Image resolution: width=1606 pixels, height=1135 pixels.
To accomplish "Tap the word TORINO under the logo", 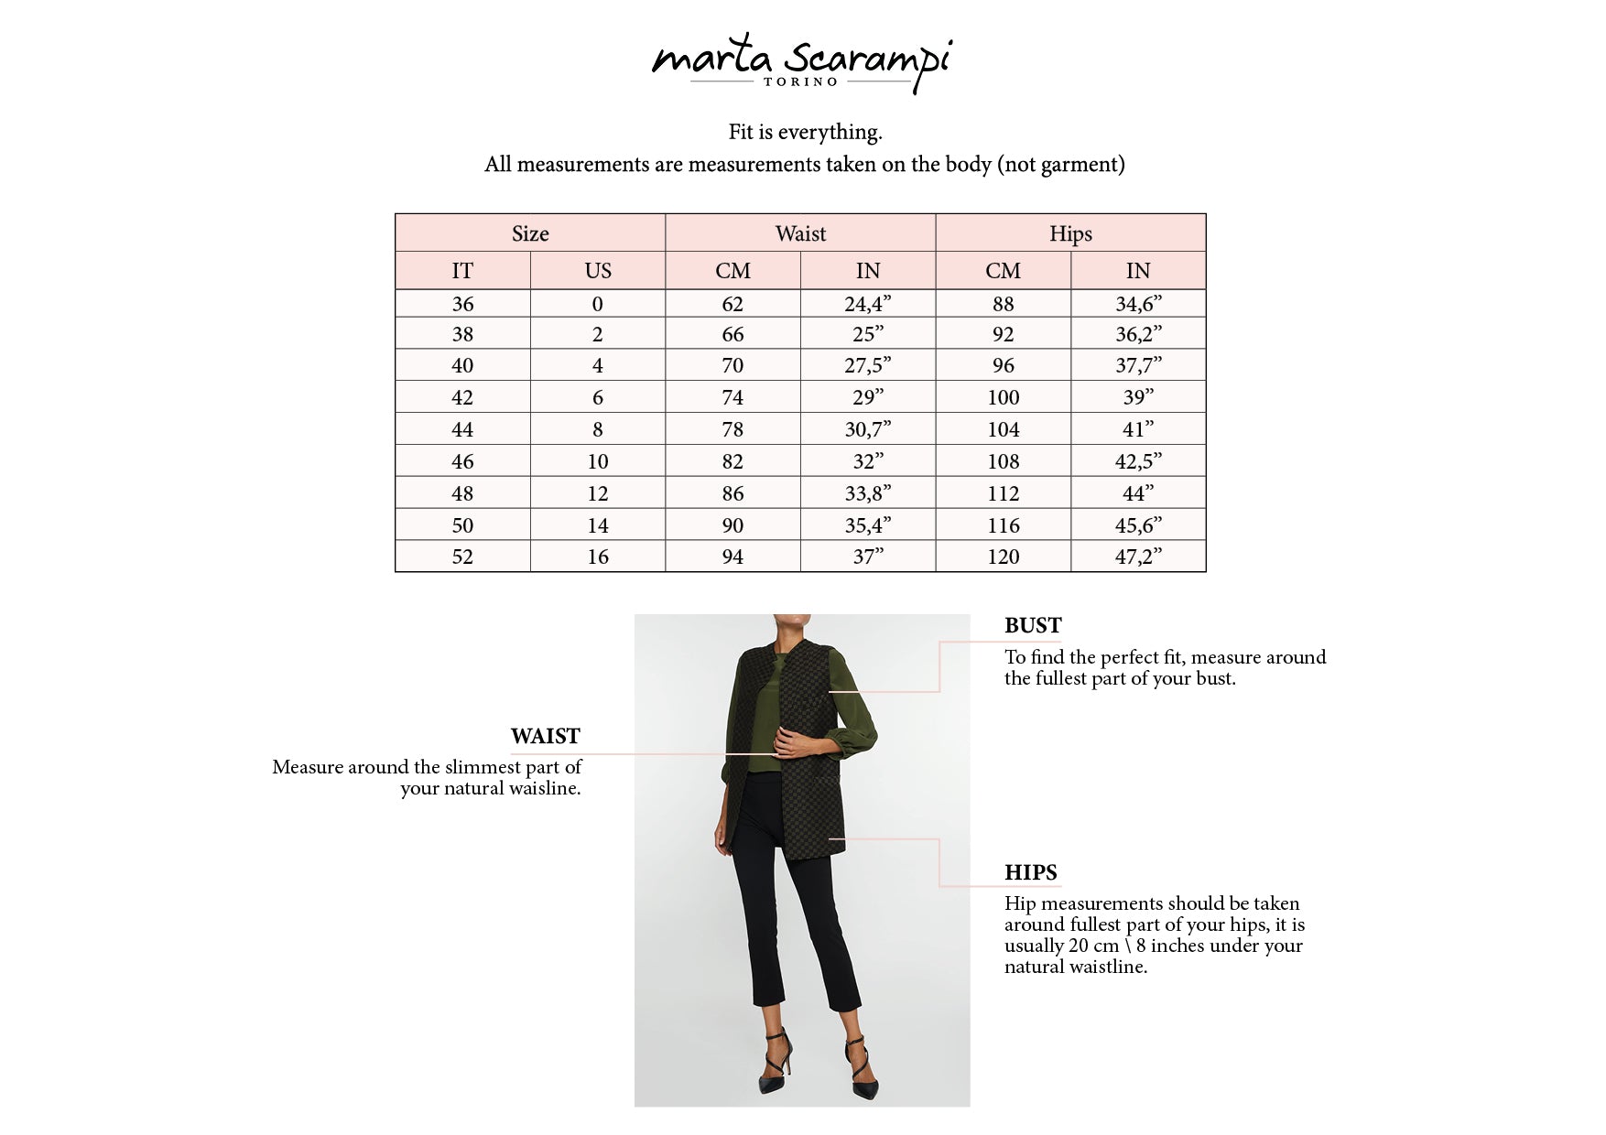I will (801, 82).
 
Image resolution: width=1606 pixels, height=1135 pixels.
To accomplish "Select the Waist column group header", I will (800, 233).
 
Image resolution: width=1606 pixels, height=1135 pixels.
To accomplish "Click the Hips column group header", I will (1070, 233).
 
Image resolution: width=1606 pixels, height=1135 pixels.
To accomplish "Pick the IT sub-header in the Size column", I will (462, 271).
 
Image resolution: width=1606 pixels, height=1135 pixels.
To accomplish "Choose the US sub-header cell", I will (598, 271).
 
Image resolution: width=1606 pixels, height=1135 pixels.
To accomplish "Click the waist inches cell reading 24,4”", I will (867, 304).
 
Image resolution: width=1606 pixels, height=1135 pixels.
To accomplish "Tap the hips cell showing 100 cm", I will (1003, 397).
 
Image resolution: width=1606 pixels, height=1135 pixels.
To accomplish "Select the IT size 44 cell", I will (462, 429).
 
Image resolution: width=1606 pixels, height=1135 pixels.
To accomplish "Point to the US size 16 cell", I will (598, 557).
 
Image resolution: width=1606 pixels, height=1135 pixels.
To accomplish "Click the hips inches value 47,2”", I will (1138, 557).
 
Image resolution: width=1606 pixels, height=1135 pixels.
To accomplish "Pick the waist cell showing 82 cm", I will (732, 461).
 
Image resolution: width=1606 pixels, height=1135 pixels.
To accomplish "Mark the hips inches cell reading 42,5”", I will (1138, 461).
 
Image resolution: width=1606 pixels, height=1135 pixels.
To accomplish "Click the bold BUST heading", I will (1033, 626).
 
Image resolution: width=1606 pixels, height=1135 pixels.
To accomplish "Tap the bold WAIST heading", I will (546, 737).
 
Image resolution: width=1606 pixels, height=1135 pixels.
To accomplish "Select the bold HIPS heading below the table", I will (1031, 873).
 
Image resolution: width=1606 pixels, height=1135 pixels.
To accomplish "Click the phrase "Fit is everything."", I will (805, 133).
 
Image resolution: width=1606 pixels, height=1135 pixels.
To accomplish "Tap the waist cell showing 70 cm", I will (732, 366).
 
